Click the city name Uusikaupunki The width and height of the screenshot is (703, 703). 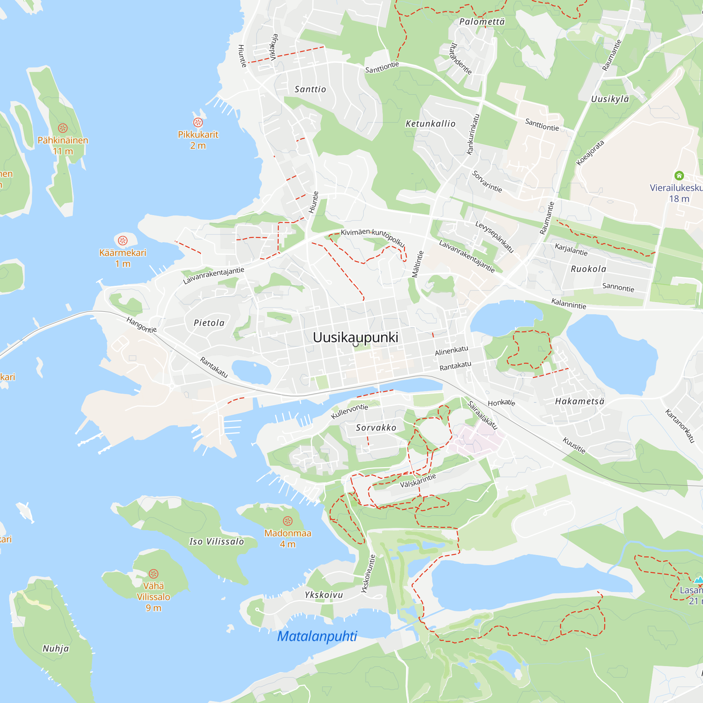[355, 337]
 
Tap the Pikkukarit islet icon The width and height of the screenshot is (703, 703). [198, 122]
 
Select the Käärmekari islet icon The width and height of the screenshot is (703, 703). [123, 240]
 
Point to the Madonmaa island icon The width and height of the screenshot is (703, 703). [288, 521]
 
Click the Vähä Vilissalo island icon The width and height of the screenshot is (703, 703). [154, 574]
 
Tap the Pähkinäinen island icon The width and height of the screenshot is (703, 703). [63, 128]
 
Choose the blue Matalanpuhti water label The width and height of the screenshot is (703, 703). [317, 637]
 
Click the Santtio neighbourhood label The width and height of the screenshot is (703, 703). [310, 90]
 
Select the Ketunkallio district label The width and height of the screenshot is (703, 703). [431, 124]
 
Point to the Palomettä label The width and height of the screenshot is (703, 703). [482, 22]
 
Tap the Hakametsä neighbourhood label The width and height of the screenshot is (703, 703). [580, 401]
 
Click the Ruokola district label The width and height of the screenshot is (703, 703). [588, 269]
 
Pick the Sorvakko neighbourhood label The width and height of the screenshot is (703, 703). [376, 427]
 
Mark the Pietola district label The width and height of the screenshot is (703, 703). [209, 323]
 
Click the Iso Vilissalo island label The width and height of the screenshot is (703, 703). [217, 541]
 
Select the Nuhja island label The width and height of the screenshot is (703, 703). [56, 649]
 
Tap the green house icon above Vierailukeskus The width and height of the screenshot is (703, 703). [679, 176]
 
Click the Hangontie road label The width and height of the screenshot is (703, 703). [142, 325]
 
